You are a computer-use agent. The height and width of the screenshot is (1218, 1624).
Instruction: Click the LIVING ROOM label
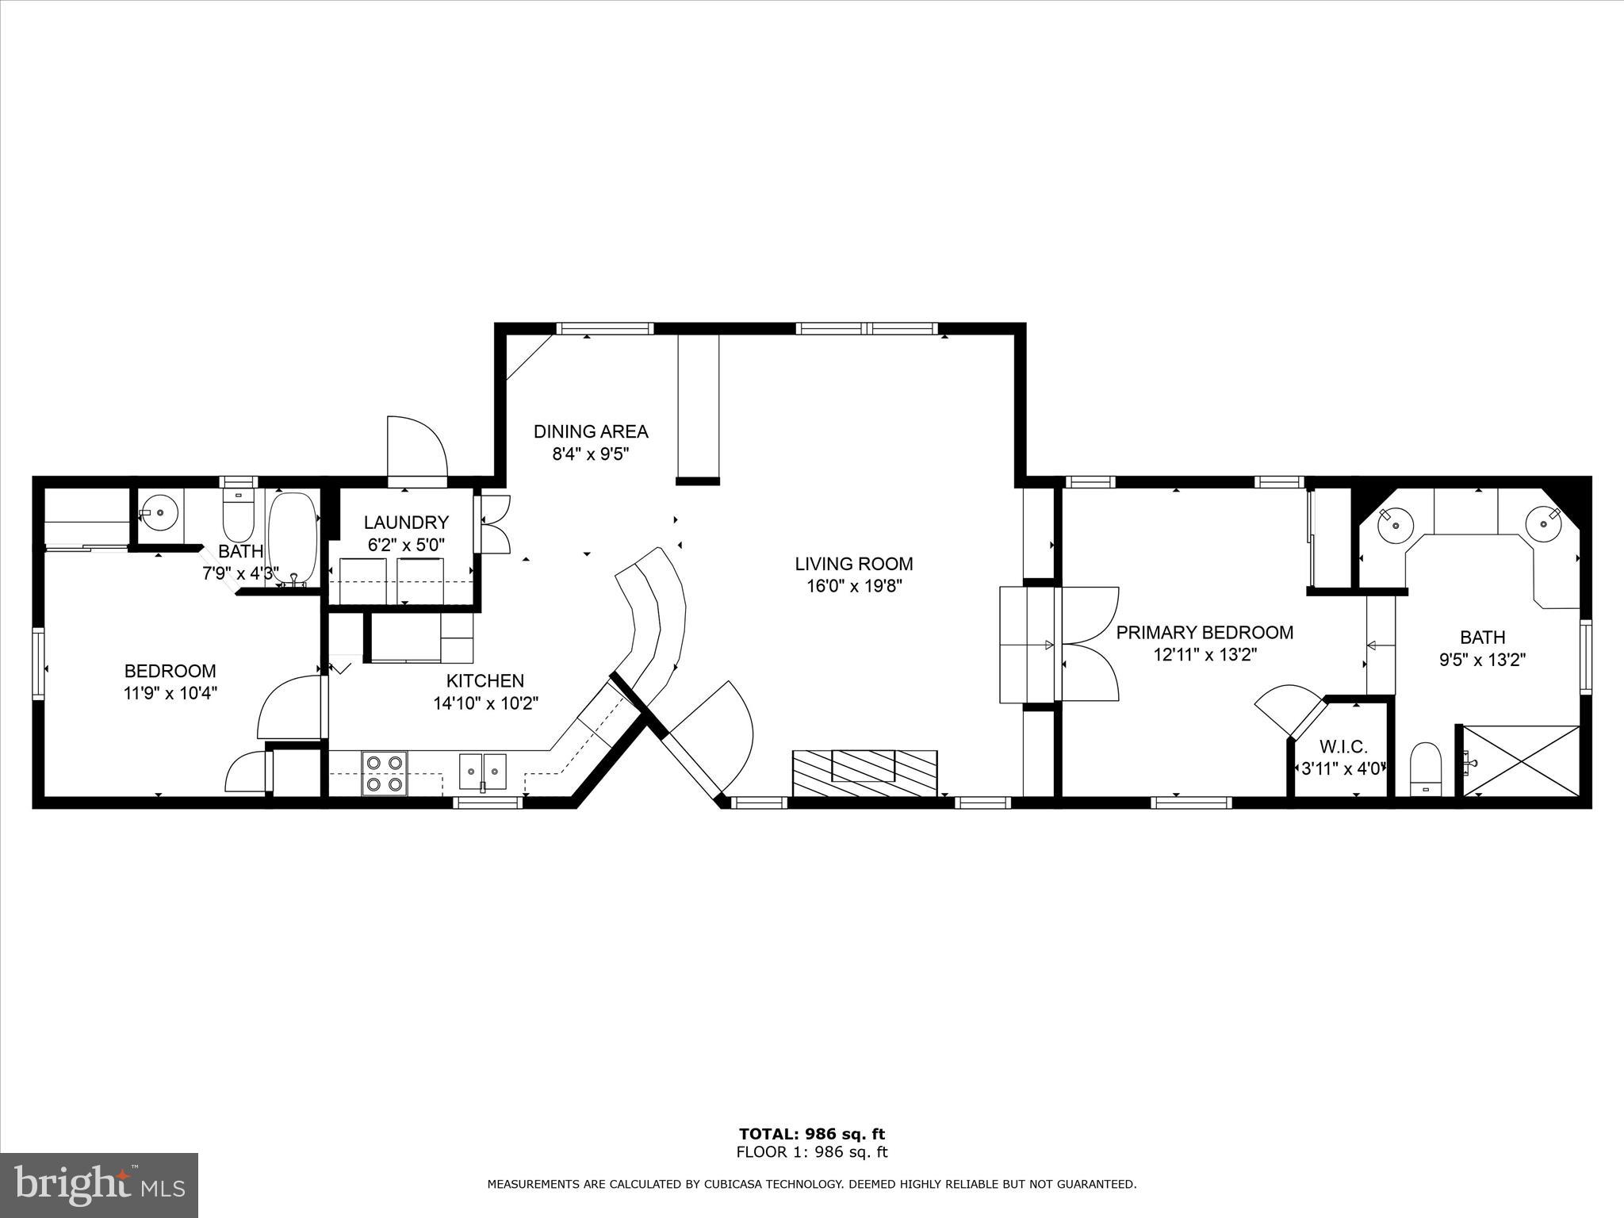pos(853,564)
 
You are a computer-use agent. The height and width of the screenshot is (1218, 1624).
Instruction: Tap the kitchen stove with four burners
pos(385,773)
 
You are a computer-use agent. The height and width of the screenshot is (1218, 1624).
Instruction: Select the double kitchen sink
pos(482,772)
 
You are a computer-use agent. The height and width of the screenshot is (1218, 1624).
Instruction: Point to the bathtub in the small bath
pos(293,538)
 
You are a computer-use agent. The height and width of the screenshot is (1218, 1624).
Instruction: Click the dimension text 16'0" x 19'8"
pos(853,586)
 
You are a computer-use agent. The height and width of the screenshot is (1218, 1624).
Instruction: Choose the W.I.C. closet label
pos(1343,746)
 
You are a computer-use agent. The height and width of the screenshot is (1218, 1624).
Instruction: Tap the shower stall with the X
pos(1521,761)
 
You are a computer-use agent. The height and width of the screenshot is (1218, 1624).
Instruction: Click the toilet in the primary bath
pos(1425,768)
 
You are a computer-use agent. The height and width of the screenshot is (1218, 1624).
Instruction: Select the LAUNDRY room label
pos(406,523)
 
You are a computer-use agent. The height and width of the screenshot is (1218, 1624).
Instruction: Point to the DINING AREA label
pos(591,431)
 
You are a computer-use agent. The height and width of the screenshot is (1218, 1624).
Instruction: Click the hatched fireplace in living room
pos(864,773)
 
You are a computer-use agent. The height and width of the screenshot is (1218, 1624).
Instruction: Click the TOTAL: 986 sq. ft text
pos(811,1134)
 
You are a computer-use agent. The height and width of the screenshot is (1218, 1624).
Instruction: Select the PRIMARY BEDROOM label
pos(1205,632)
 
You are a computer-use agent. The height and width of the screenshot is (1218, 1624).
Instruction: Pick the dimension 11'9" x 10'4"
pos(170,692)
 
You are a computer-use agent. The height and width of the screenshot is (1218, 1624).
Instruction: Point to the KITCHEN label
pos(485,680)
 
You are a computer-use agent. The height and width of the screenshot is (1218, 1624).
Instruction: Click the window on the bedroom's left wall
pos(38,663)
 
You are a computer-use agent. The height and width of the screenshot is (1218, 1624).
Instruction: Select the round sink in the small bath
pos(161,512)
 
